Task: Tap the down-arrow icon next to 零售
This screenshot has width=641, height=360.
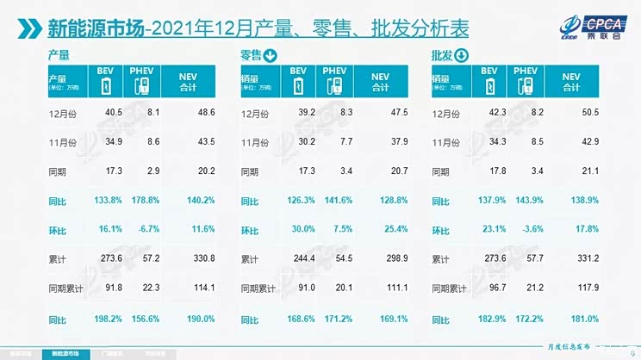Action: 271,57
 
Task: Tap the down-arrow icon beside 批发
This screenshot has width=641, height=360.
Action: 461,57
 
